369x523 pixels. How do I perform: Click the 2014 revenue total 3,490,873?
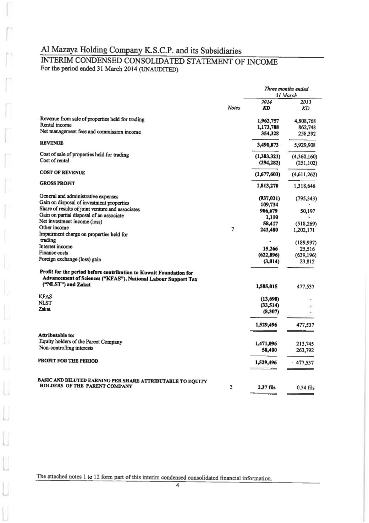pyautogui.click(x=267, y=145)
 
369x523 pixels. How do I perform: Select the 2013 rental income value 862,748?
pyautogui.click(x=307, y=127)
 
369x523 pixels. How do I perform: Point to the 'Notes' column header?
pyautogui.click(x=233, y=108)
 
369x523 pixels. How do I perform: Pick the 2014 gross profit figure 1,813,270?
pyautogui.click(x=267, y=186)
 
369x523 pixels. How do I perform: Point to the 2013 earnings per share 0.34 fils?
pyautogui.click(x=305, y=388)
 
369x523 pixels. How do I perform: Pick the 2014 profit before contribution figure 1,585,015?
pyautogui.click(x=266, y=287)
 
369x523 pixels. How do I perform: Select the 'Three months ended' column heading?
pyautogui.click(x=286, y=89)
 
